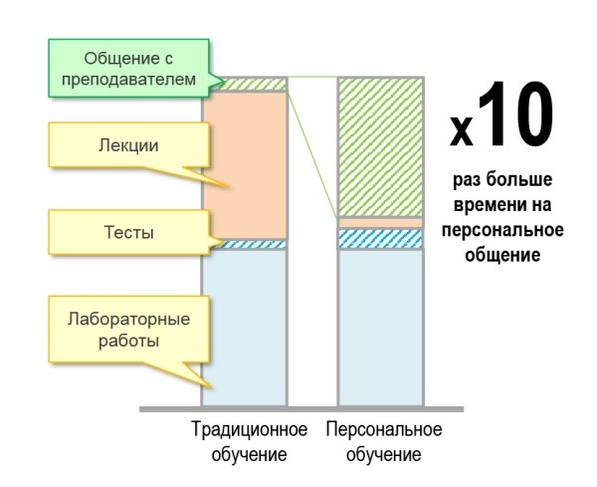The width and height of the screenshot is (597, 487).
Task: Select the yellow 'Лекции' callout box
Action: click(x=118, y=145)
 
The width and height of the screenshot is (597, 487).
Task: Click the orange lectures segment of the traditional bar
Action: click(x=244, y=164)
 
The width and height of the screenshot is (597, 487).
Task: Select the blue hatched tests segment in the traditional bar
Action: click(x=244, y=244)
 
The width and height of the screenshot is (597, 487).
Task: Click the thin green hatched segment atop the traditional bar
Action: click(x=244, y=85)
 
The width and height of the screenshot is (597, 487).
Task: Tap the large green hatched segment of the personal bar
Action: click(x=380, y=146)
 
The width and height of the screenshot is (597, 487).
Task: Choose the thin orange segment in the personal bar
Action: click(x=380, y=222)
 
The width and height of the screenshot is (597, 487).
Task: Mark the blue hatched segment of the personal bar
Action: click(x=380, y=239)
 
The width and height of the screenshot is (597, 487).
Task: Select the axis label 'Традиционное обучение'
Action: click(x=249, y=442)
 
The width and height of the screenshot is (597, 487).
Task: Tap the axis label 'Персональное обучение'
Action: click(x=383, y=442)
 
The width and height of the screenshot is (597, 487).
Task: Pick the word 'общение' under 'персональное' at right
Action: click(x=500, y=255)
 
